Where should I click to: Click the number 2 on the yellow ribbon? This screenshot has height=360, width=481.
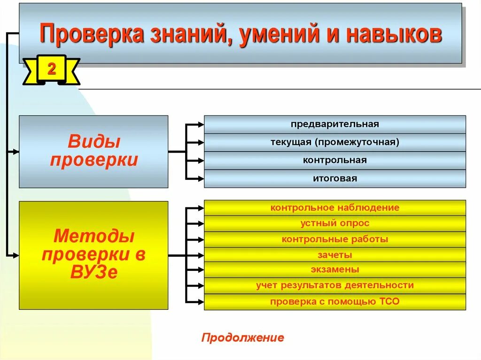click(x=51, y=70)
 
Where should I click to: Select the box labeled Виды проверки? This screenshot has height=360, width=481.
click(x=93, y=151)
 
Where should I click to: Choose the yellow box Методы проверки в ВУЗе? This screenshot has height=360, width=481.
click(x=93, y=255)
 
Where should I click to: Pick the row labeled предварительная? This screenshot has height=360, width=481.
click(x=334, y=124)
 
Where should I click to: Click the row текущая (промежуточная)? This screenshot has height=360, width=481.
click(x=334, y=142)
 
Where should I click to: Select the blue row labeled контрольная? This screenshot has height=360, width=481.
click(x=334, y=160)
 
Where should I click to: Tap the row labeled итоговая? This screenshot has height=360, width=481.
click(x=334, y=178)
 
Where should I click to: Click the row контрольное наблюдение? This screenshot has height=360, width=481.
click(x=334, y=207)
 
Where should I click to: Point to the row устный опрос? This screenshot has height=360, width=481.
click(x=334, y=223)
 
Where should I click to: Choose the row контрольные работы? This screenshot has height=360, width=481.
click(x=334, y=239)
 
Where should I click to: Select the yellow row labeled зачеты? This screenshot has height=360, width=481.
click(x=334, y=255)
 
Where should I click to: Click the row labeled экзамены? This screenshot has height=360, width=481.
click(x=334, y=270)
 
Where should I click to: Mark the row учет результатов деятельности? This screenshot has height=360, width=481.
click(x=334, y=285)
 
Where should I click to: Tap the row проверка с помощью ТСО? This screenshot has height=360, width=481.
click(x=334, y=301)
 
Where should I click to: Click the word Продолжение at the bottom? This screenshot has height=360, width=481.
click(x=243, y=338)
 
